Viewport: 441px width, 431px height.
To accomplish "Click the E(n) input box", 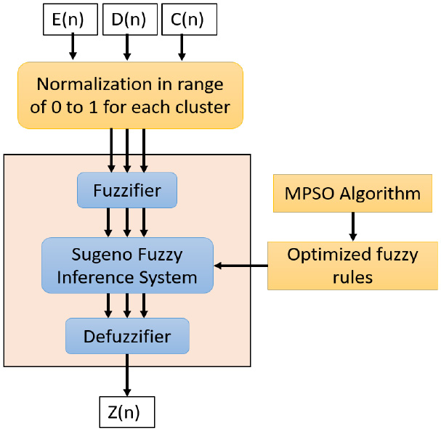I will click(x=72, y=20).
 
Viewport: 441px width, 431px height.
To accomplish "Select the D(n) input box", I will click(x=127, y=20).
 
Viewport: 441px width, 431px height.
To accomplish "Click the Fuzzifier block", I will click(x=127, y=191).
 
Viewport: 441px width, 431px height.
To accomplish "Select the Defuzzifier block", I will click(x=127, y=337).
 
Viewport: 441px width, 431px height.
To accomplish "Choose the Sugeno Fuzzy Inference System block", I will click(x=128, y=266).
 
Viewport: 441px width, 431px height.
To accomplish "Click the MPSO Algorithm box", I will click(x=353, y=194).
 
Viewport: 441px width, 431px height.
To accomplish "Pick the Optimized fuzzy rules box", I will click(x=353, y=266).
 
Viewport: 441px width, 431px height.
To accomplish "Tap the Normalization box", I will click(x=130, y=95).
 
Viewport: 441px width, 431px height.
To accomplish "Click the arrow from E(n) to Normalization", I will click(x=72, y=48).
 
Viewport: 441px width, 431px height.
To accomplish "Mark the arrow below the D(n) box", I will click(x=127, y=48).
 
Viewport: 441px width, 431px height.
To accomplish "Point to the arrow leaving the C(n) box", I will click(x=182, y=48).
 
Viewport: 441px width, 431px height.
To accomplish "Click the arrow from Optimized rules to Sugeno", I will click(x=241, y=266).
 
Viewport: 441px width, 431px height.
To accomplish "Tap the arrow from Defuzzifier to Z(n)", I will click(x=127, y=375).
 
